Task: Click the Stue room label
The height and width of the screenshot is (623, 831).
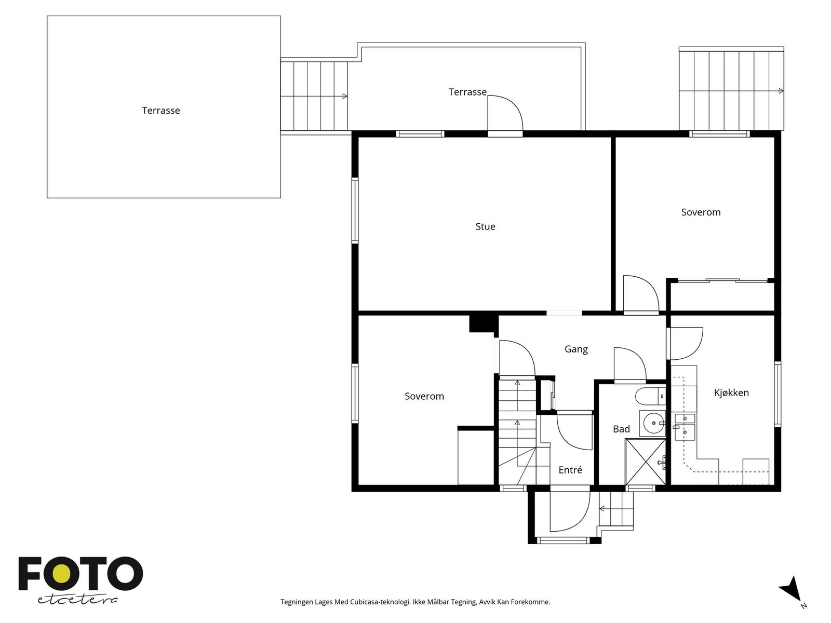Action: coord(485,226)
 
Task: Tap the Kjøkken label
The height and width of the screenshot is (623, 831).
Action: coord(731,392)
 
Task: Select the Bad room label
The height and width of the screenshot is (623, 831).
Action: coord(621,429)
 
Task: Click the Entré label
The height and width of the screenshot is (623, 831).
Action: coord(570,470)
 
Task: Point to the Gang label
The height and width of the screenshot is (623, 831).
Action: coord(576,349)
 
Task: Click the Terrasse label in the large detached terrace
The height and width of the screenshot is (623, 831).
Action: coord(161,110)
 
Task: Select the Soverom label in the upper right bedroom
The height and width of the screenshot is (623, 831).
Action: coord(701,212)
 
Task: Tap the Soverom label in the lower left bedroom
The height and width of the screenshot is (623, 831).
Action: coord(424,396)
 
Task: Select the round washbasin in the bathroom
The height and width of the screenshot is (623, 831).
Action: coord(653,423)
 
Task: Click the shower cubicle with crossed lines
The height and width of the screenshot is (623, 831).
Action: coord(646,462)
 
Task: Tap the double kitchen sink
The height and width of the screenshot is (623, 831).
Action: coord(685,425)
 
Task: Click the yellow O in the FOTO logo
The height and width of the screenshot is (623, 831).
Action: coord(62,573)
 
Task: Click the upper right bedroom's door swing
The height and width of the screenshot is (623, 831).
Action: coord(640,294)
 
